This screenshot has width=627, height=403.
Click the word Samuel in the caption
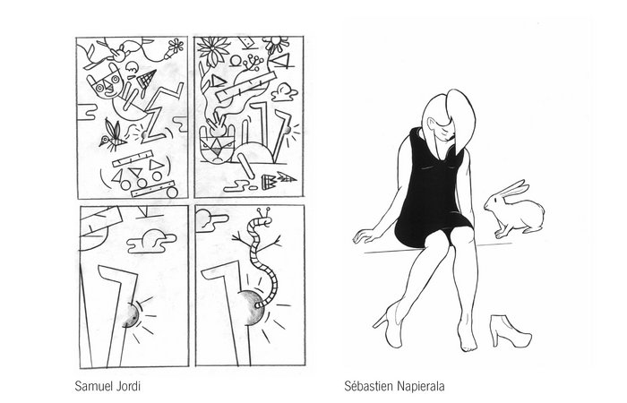[x=92, y=387]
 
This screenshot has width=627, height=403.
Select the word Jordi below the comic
[x=127, y=387]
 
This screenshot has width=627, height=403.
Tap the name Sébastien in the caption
[x=369, y=387]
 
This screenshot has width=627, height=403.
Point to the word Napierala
[x=421, y=387]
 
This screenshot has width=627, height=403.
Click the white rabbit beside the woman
[x=515, y=210]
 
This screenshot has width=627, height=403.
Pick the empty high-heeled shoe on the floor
[x=510, y=329]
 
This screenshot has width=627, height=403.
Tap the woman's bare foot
[x=468, y=337]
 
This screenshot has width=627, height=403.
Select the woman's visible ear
[x=431, y=123]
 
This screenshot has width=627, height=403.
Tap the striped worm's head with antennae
[x=264, y=219]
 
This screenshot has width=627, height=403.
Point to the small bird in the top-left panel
[x=112, y=136]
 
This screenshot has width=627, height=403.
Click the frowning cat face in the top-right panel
[x=216, y=148]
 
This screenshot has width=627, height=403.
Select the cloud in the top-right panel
[x=284, y=93]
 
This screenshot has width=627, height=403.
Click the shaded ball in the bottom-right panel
[x=251, y=307]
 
